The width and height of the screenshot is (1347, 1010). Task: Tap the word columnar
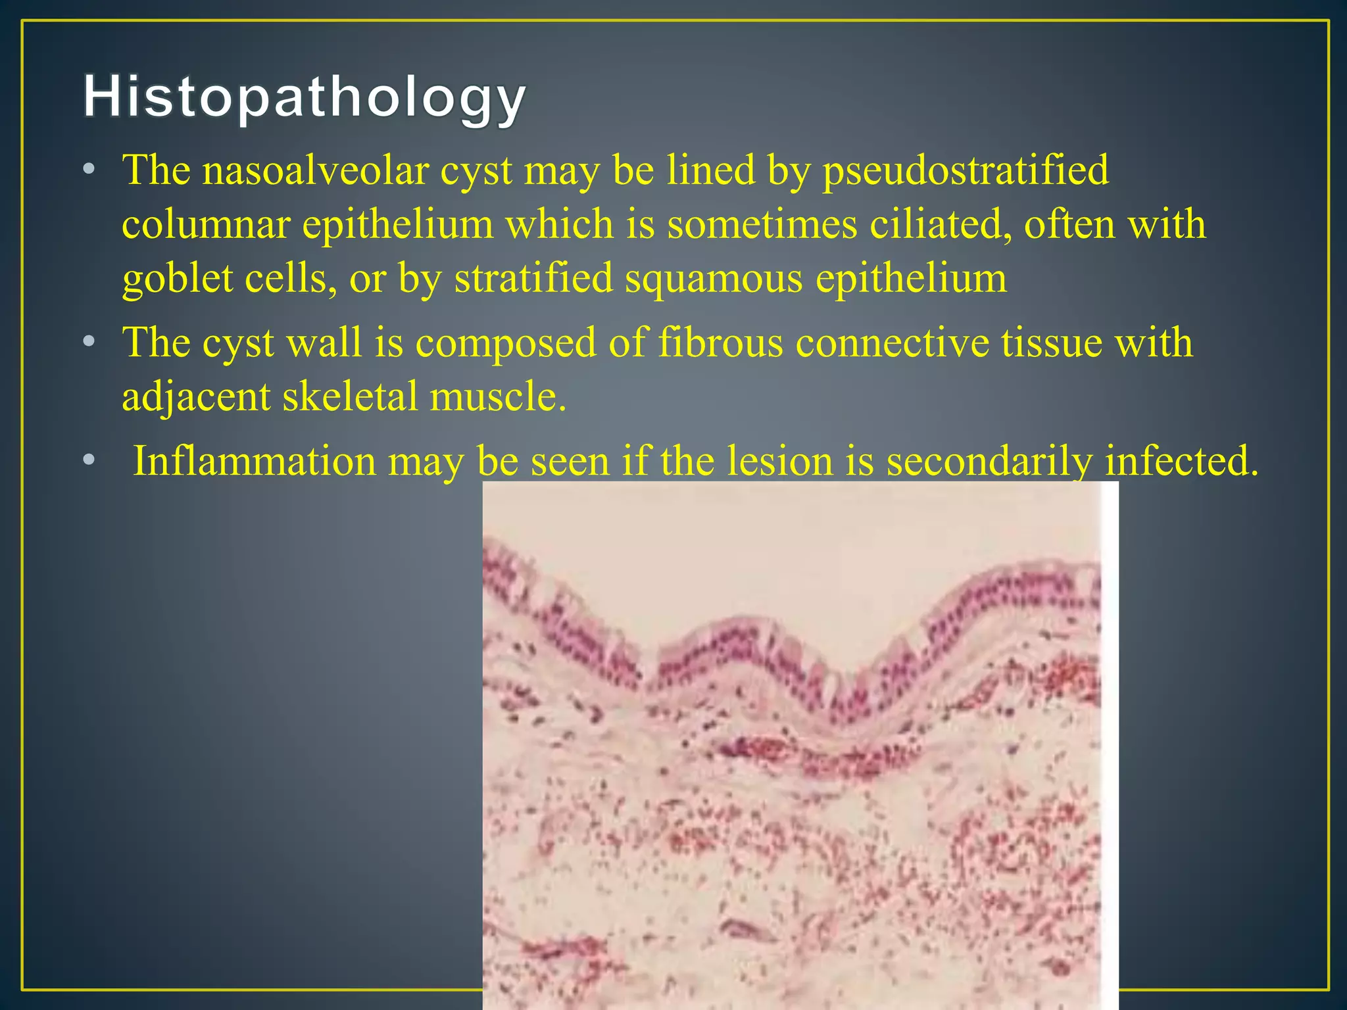206,225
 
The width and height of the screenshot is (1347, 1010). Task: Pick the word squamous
714,279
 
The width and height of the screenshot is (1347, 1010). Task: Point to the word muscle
497,397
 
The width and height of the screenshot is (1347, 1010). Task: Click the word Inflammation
254,461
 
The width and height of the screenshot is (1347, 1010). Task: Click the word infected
1181,461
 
